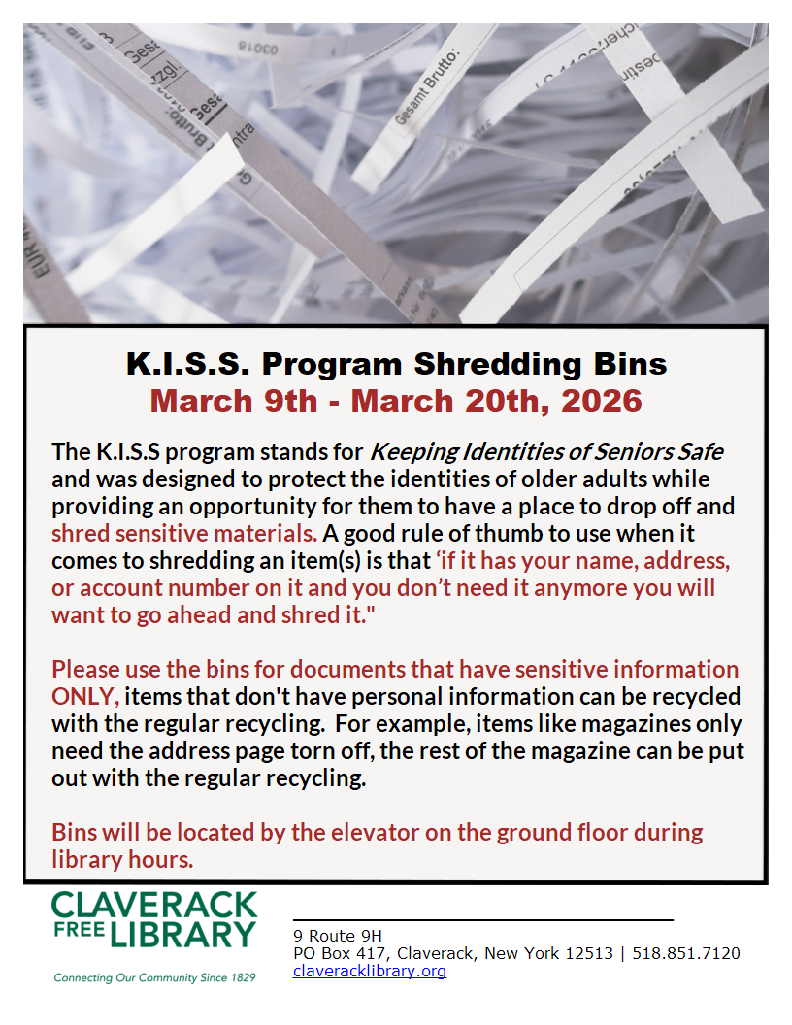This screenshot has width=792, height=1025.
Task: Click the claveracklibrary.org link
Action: click(370, 971)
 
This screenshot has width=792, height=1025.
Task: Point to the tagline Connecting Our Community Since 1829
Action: click(154, 976)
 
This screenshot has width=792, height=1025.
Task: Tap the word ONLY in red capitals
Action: click(85, 696)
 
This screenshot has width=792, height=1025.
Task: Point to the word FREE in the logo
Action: click(77, 934)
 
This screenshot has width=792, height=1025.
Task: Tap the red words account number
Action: click(181, 588)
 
